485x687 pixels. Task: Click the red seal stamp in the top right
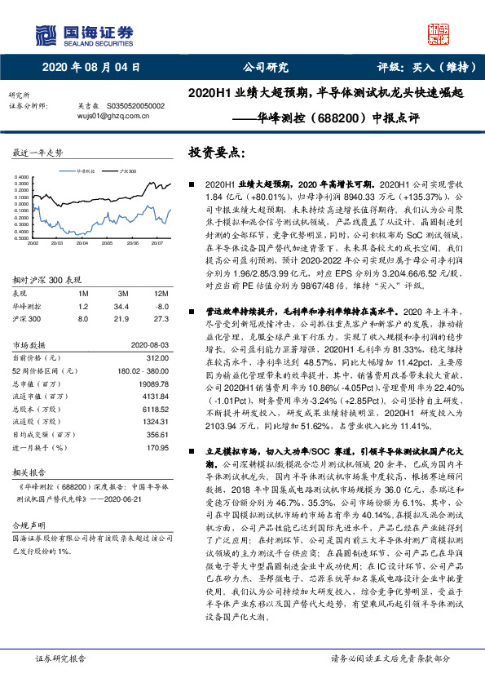[442, 33]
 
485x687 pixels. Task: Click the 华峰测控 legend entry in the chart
[86, 172]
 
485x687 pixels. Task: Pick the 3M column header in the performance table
[120, 292]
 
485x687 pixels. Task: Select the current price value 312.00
[155, 357]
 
